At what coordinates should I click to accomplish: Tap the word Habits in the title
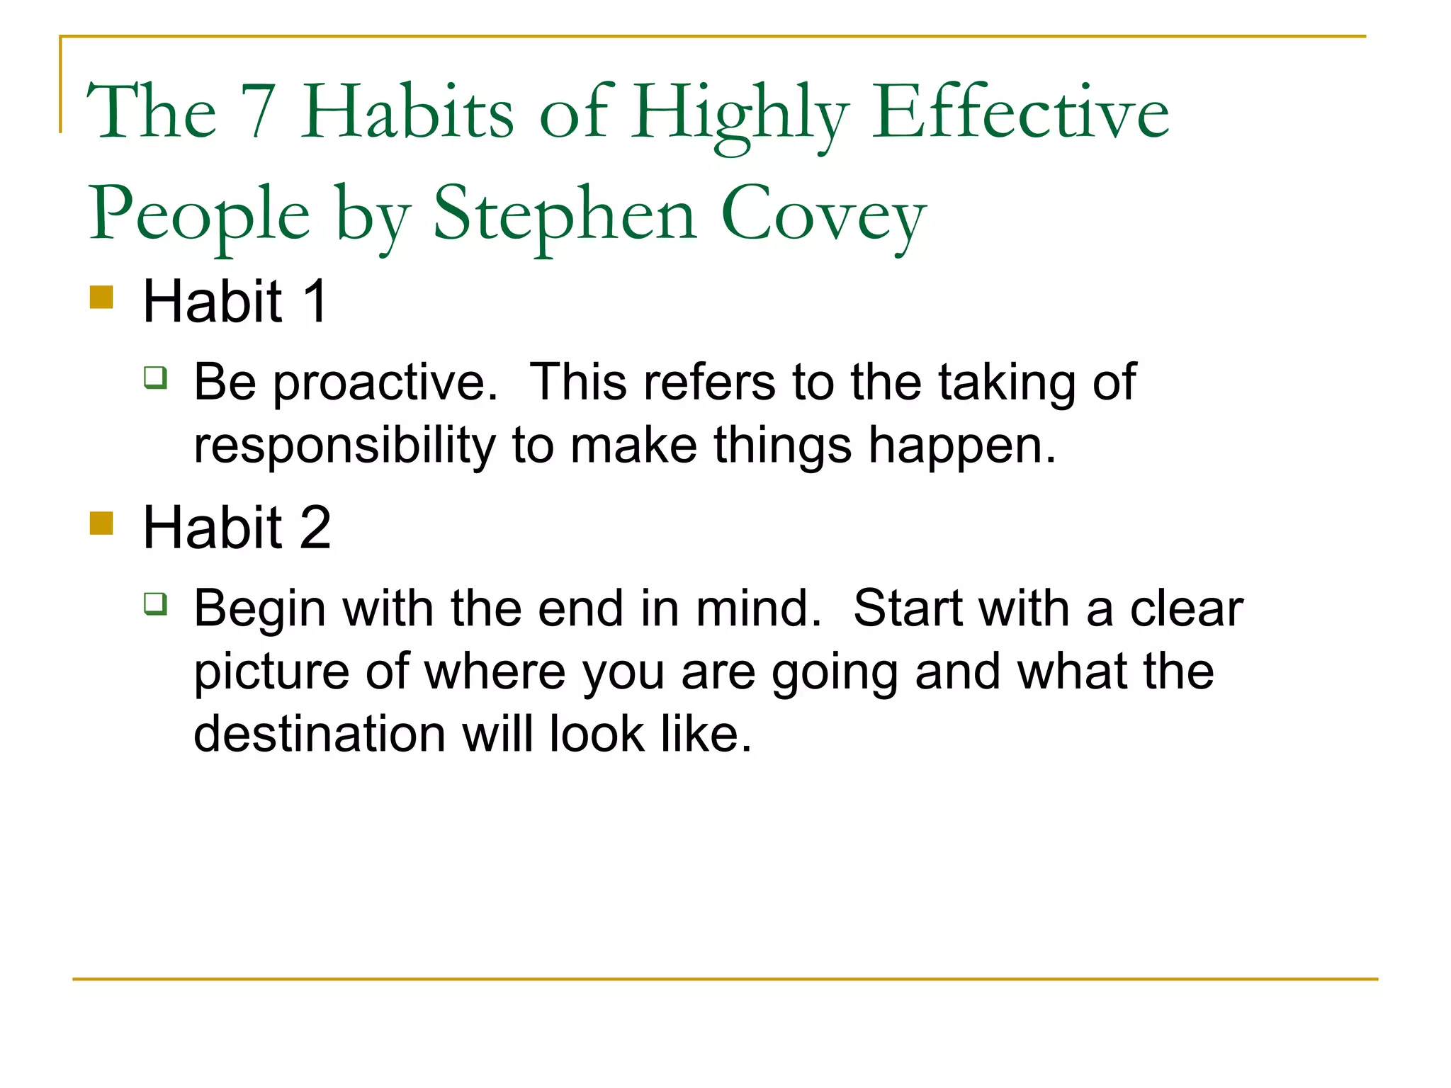(407, 111)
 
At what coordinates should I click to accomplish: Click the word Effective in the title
(1020, 111)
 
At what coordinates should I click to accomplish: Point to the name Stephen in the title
(565, 215)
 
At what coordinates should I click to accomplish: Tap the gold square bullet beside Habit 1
(102, 297)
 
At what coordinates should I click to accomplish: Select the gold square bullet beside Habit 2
(102, 523)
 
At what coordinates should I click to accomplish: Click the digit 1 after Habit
(315, 301)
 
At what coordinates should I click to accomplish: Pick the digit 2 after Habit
(315, 528)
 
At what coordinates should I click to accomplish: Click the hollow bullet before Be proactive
(156, 377)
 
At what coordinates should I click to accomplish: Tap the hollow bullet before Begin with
(156, 603)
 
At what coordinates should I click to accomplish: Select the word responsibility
(344, 446)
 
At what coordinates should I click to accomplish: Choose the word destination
(319, 734)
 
